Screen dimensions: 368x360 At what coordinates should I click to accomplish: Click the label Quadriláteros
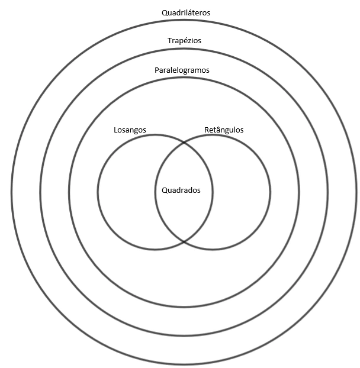pyautogui.click(x=185, y=12)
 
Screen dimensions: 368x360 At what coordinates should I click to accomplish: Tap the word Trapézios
pyautogui.click(x=185, y=41)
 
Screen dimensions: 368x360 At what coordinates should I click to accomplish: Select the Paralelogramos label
pyautogui.click(x=182, y=70)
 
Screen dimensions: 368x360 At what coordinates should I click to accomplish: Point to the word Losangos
pyautogui.click(x=130, y=130)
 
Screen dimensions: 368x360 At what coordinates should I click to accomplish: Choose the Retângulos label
pyautogui.click(x=223, y=130)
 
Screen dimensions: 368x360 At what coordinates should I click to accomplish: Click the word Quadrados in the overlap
pyautogui.click(x=181, y=191)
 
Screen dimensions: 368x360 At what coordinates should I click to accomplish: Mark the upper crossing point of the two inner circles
pyautogui.click(x=184, y=142)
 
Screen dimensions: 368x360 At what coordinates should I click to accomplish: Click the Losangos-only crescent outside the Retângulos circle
pyautogui.click(x=126, y=192)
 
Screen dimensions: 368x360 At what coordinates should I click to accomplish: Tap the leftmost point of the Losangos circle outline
pyautogui.click(x=98, y=192)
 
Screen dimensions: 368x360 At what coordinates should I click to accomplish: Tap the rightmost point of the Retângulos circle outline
pyautogui.click(x=270, y=192)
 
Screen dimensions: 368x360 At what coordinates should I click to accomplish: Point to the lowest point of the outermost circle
pyautogui.click(x=184, y=364)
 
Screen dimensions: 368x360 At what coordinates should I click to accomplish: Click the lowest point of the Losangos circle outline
pyautogui.click(x=155, y=249)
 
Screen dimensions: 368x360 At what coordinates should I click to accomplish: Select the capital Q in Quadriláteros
pyautogui.click(x=165, y=12)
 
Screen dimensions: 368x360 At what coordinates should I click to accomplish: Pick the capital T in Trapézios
pyautogui.click(x=169, y=41)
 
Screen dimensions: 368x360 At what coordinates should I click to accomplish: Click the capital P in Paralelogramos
pyautogui.click(x=157, y=70)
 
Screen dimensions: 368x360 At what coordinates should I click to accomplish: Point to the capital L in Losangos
pyautogui.click(x=115, y=130)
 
